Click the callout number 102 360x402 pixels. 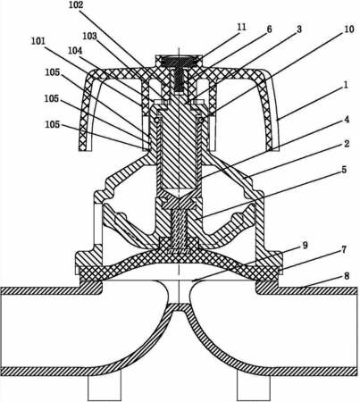coord(76,5)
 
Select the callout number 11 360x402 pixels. coord(242,27)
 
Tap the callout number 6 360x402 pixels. coord(269,29)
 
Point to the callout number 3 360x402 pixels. coord(299,29)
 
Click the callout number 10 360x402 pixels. coord(349,29)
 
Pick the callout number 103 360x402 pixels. coord(90,36)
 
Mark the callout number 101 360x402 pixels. coord(38,41)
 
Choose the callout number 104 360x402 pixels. coord(75,51)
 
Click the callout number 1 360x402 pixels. coord(346,85)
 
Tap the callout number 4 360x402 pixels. coord(347,120)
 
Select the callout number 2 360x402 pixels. coord(347,144)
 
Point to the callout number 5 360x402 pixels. coord(344,170)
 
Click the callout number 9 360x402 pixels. coord(306,246)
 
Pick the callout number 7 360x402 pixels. coord(344,249)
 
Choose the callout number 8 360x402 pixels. coord(347,276)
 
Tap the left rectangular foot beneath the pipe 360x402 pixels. coord(105,388)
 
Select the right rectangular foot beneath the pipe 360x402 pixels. coord(254,388)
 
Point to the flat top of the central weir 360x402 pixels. coord(180,304)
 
